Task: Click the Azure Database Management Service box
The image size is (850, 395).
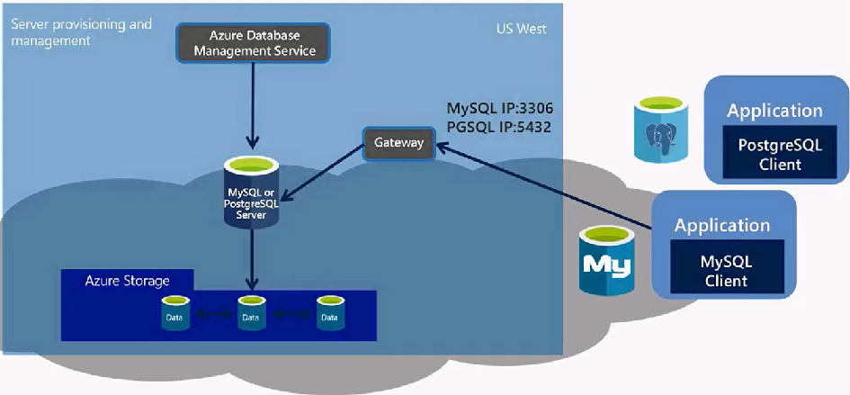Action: pyautogui.click(x=252, y=42)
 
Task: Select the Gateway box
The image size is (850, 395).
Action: pyautogui.click(x=398, y=143)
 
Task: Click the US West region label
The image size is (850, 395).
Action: pyautogui.click(x=522, y=30)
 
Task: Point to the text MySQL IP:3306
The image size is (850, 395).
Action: pyautogui.click(x=499, y=109)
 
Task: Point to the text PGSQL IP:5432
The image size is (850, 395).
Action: pyautogui.click(x=499, y=128)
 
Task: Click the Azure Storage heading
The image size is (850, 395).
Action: pyautogui.click(x=127, y=281)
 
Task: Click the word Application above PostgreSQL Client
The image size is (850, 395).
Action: pyautogui.click(x=774, y=111)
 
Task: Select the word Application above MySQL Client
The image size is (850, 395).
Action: pyautogui.click(x=722, y=225)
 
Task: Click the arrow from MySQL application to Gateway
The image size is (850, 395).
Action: pyautogui.click(x=549, y=189)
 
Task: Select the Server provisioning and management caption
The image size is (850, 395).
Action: pyautogui.click(x=81, y=31)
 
